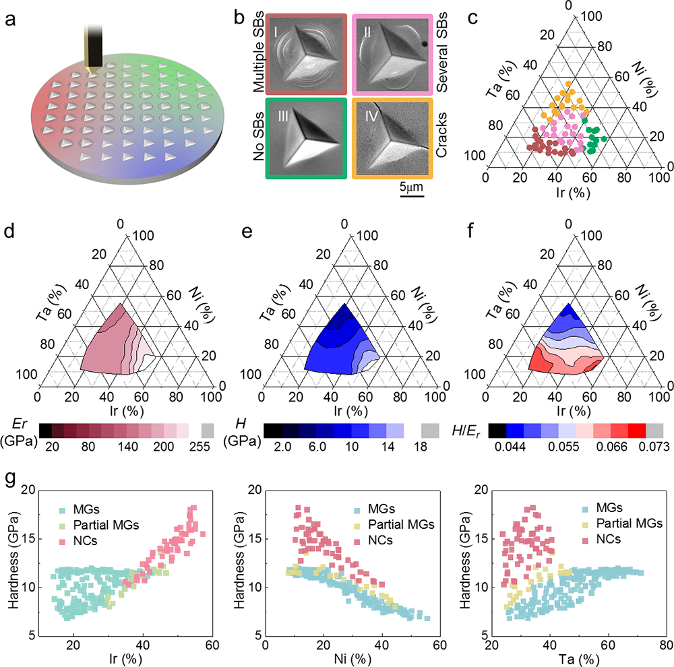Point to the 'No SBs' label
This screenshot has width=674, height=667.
258,140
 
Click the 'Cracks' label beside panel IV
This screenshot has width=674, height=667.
441,140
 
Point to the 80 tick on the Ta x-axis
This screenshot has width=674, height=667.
656,638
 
